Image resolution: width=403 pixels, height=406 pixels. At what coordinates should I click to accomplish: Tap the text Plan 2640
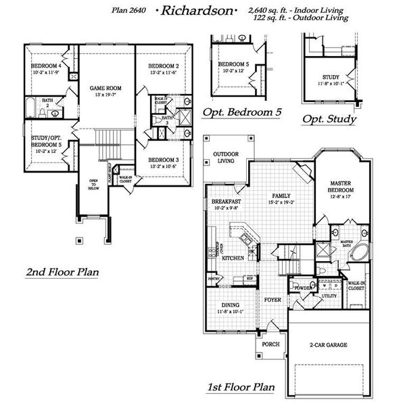[127, 11]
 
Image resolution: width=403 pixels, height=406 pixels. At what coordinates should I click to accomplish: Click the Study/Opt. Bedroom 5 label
[46, 141]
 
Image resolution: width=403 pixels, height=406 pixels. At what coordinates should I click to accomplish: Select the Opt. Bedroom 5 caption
[242, 112]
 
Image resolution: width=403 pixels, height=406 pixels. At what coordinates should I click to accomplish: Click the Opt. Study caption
[329, 119]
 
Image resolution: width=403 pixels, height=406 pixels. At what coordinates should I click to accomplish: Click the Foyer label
[272, 298]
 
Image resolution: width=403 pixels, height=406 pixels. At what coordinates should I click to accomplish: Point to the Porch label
[270, 344]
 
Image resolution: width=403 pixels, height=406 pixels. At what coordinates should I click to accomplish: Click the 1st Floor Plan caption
[241, 388]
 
